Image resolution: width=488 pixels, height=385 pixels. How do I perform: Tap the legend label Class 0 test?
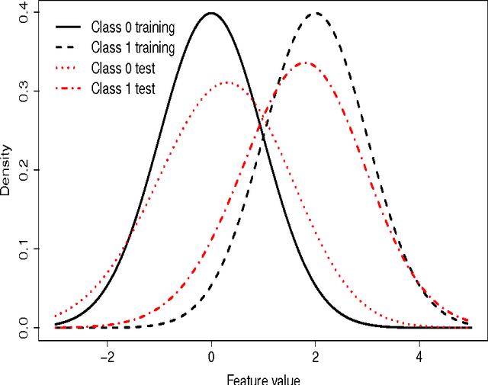123,69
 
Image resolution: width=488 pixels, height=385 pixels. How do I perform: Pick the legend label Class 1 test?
123,88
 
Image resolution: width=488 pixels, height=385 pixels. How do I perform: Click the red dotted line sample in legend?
67,69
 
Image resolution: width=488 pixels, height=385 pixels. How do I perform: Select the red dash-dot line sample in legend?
67,88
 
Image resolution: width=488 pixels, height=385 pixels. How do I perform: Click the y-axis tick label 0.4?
24,13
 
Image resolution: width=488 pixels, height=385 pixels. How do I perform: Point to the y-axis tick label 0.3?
24,92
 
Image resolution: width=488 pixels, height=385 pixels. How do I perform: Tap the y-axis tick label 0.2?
24,171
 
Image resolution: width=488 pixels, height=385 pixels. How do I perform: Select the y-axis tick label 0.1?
24,249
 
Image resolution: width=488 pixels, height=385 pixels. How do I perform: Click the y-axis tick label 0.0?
24,328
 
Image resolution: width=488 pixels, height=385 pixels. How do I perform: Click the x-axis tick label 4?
419,355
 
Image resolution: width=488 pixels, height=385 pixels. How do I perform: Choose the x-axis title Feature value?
263,378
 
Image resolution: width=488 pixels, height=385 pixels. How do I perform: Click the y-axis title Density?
7,171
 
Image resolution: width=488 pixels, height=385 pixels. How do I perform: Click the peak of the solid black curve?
211,13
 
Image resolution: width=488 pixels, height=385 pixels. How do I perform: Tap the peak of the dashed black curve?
315,13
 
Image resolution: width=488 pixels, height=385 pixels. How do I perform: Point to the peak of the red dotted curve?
226,82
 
